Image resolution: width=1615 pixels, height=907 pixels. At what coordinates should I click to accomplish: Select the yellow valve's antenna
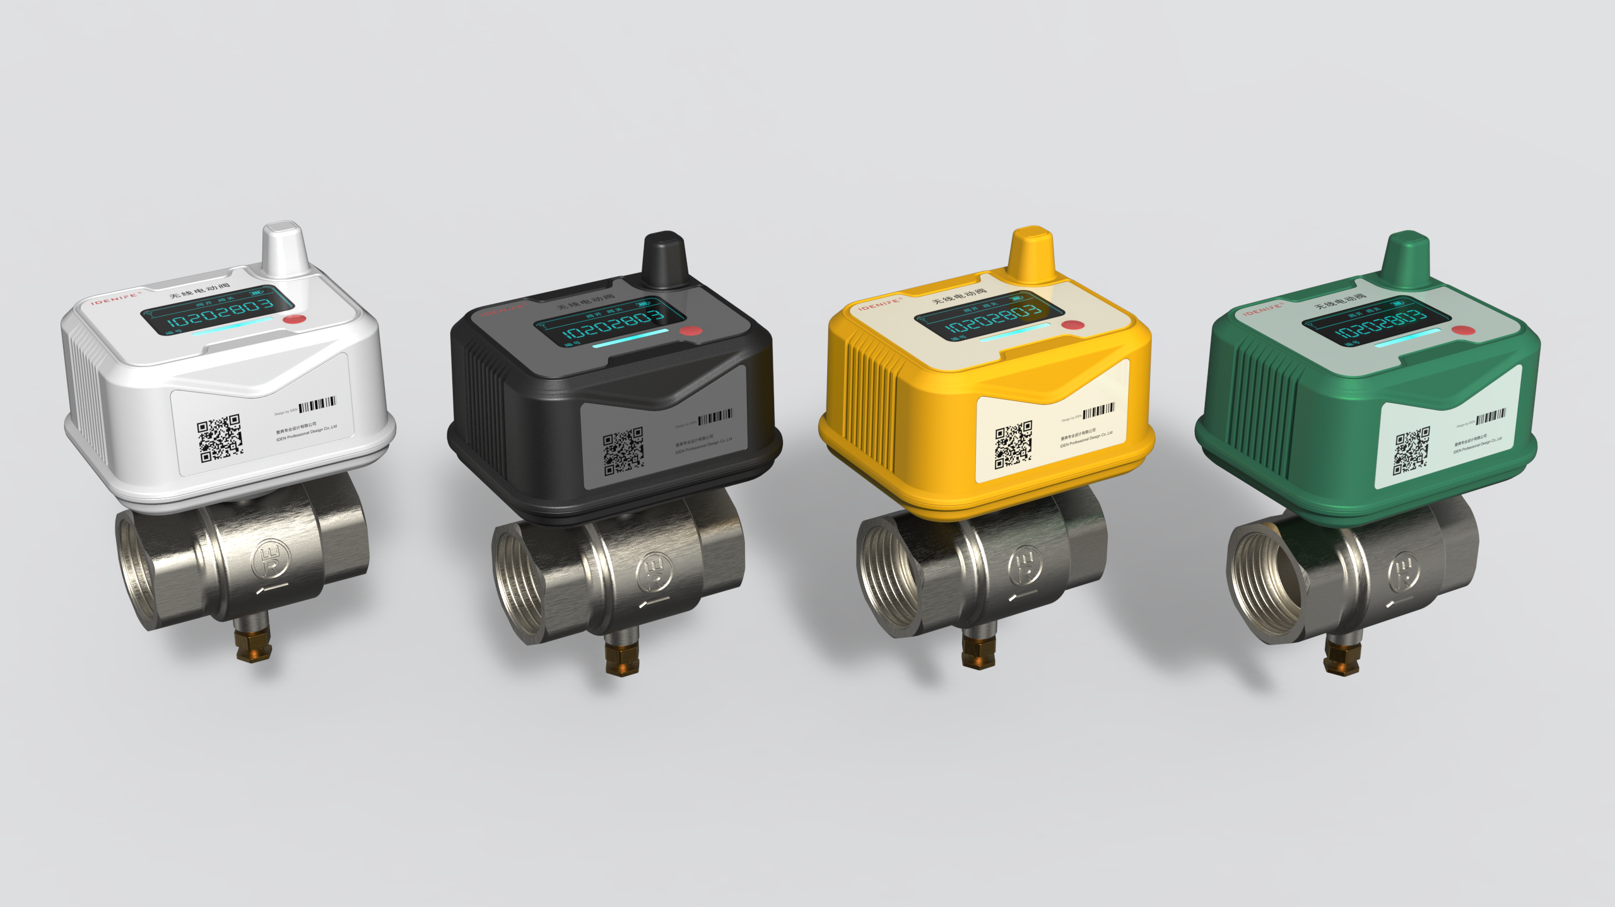[x=1031, y=255]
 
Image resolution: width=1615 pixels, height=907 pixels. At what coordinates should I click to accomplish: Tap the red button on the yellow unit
[x=1072, y=325]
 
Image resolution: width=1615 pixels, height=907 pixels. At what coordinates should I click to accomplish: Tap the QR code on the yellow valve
[x=1013, y=445]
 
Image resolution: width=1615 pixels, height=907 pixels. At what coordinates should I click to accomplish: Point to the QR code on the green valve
[x=1411, y=450]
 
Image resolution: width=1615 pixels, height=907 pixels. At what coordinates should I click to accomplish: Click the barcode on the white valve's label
[x=317, y=404]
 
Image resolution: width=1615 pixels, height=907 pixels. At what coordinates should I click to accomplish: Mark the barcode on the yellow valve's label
[x=1098, y=411]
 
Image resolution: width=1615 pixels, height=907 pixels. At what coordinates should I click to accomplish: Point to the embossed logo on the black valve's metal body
[x=654, y=572]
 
